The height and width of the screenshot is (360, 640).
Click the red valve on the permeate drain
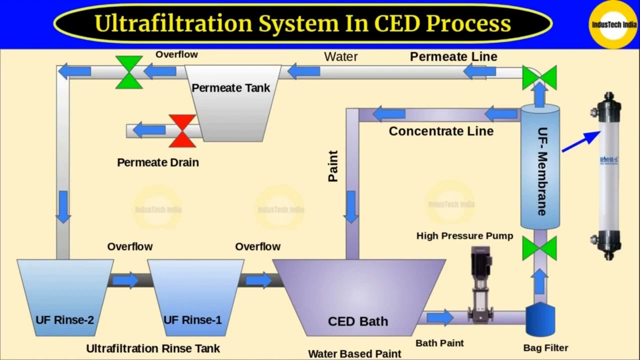point(182,131)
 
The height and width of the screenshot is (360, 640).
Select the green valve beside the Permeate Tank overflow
point(129,72)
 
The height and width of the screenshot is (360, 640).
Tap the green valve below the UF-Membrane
point(539,248)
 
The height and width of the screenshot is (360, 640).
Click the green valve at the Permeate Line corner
point(539,77)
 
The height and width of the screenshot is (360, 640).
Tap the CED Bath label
point(357,321)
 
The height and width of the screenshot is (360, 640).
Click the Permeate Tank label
point(231,88)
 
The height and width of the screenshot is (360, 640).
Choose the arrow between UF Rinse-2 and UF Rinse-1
point(125,280)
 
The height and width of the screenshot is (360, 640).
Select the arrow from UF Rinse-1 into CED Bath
point(259,280)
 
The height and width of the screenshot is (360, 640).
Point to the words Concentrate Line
point(441,131)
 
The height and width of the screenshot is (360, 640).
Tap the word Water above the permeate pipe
point(341,56)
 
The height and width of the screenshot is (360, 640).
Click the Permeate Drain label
point(158,162)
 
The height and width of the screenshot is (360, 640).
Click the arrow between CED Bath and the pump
point(440,317)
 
